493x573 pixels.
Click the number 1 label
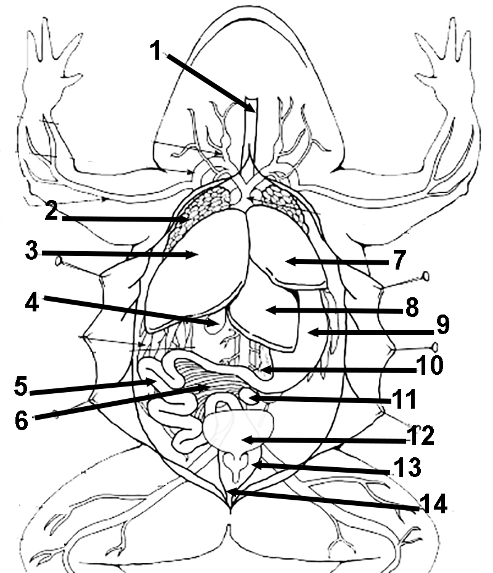click(x=157, y=50)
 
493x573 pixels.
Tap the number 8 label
click(x=411, y=308)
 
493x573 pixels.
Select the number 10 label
click(x=429, y=364)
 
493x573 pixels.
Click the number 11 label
click(x=404, y=399)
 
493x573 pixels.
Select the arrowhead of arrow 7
click(x=287, y=261)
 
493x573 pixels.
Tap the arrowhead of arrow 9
click(x=309, y=332)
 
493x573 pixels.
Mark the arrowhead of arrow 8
click(x=266, y=310)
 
